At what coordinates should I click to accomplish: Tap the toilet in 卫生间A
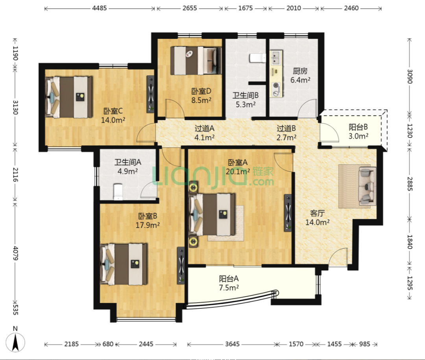[x=118, y=192]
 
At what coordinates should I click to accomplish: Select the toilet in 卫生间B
[x=257, y=58]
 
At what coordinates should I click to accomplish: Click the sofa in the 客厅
[x=368, y=186]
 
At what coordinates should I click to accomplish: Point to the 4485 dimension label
[x=100, y=8]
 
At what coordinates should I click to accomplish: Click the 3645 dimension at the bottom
[x=232, y=344]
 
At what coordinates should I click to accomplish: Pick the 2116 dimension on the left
[x=15, y=174]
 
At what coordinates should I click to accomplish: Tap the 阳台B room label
[x=358, y=127]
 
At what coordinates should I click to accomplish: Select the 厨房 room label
[x=300, y=71]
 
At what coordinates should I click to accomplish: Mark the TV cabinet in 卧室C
[x=151, y=94]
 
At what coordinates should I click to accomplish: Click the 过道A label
[x=204, y=128]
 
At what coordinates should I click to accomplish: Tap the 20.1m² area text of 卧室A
[x=238, y=171]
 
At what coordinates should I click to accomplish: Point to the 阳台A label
[x=229, y=278]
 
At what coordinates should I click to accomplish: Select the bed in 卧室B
[x=124, y=264]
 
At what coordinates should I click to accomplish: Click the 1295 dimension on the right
[x=410, y=283]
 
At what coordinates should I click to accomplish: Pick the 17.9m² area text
[x=148, y=225]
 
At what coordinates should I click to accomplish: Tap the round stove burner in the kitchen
[x=276, y=85]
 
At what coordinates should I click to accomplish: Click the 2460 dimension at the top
[x=351, y=8]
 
